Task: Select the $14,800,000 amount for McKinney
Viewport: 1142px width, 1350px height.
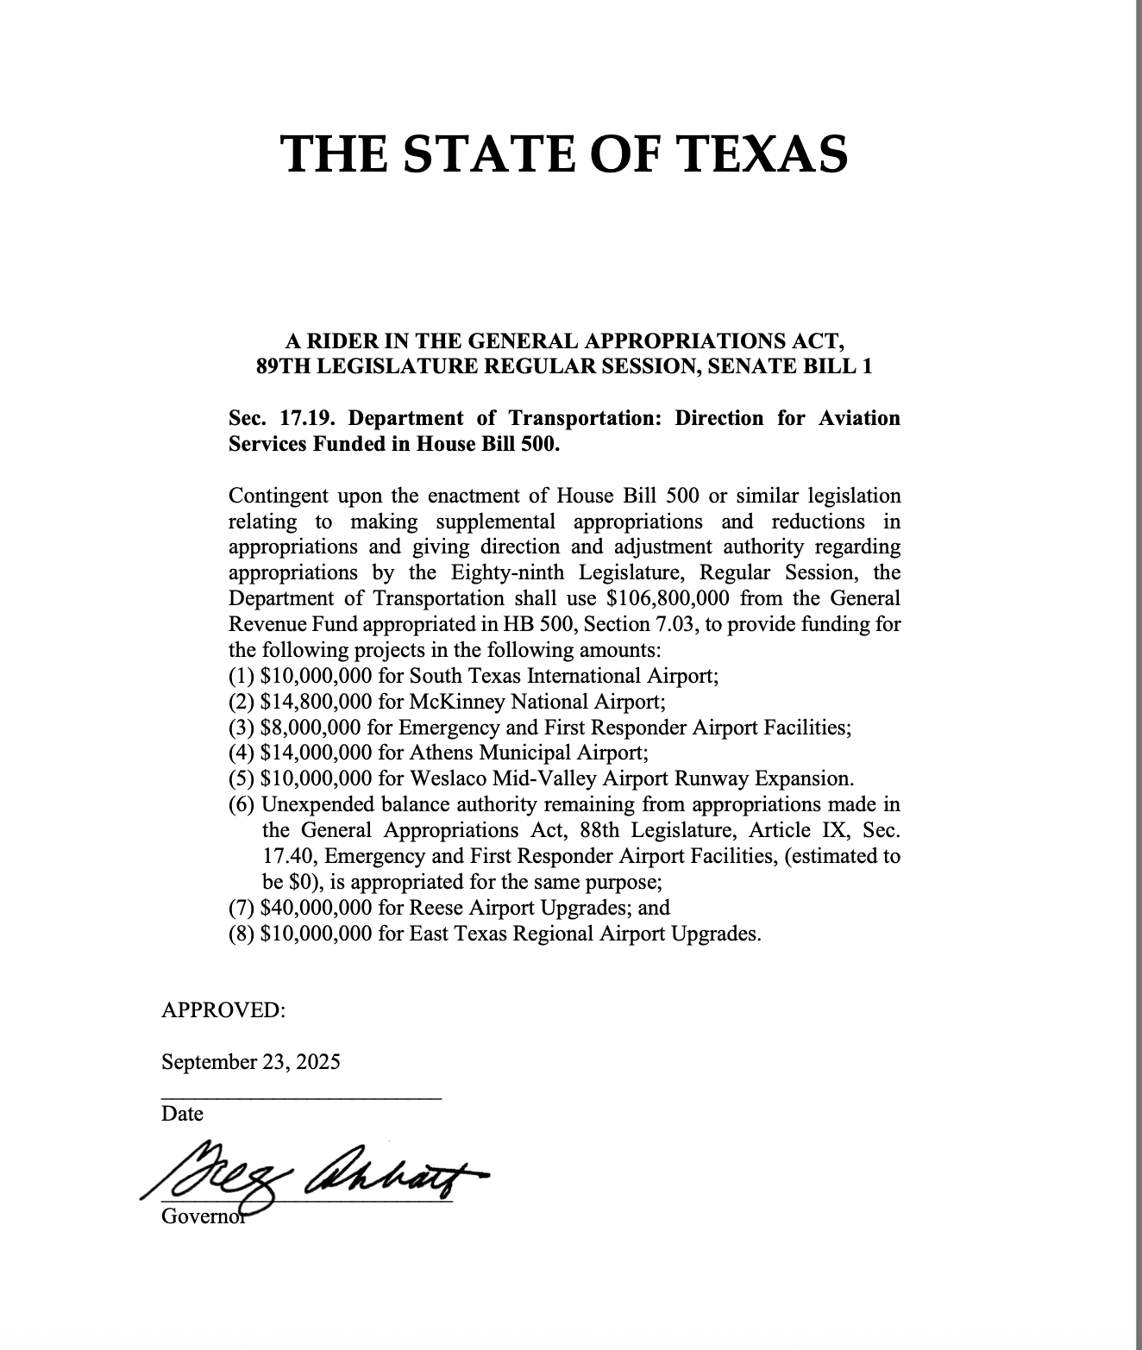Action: tap(316, 702)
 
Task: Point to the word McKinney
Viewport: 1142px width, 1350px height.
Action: tap(449, 702)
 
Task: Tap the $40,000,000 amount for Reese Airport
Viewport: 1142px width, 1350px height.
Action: tap(316, 908)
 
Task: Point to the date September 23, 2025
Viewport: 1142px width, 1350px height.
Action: tap(250, 1062)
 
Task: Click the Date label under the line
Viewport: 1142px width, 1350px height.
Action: tap(182, 1114)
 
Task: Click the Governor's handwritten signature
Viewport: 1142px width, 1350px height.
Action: tap(319, 1177)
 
